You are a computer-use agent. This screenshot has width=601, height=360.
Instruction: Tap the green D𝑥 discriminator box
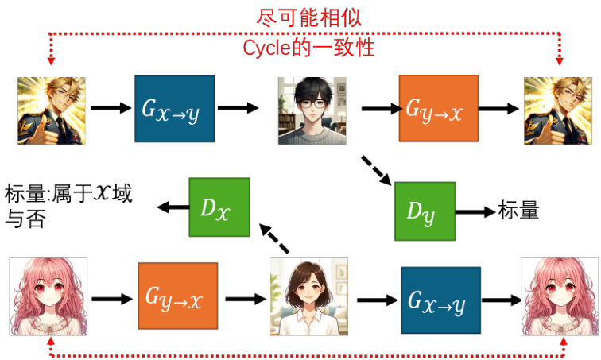[x=219, y=207]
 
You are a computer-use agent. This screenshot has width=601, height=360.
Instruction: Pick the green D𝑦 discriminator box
[x=425, y=211]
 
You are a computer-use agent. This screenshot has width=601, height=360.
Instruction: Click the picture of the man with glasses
[x=310, y=110]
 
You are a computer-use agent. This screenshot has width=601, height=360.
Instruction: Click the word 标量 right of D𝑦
[x=518, y=211]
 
